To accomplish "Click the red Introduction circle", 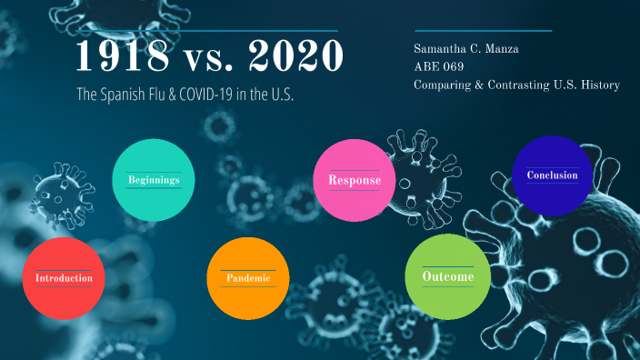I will (64, 277).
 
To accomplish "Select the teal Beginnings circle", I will (153, 179).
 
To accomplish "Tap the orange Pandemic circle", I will (248, 277).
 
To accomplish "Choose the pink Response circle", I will (354, 180).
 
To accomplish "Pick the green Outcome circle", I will (447, 276).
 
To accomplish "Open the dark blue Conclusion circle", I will (552, 175).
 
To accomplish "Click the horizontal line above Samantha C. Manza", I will (482, 31).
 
